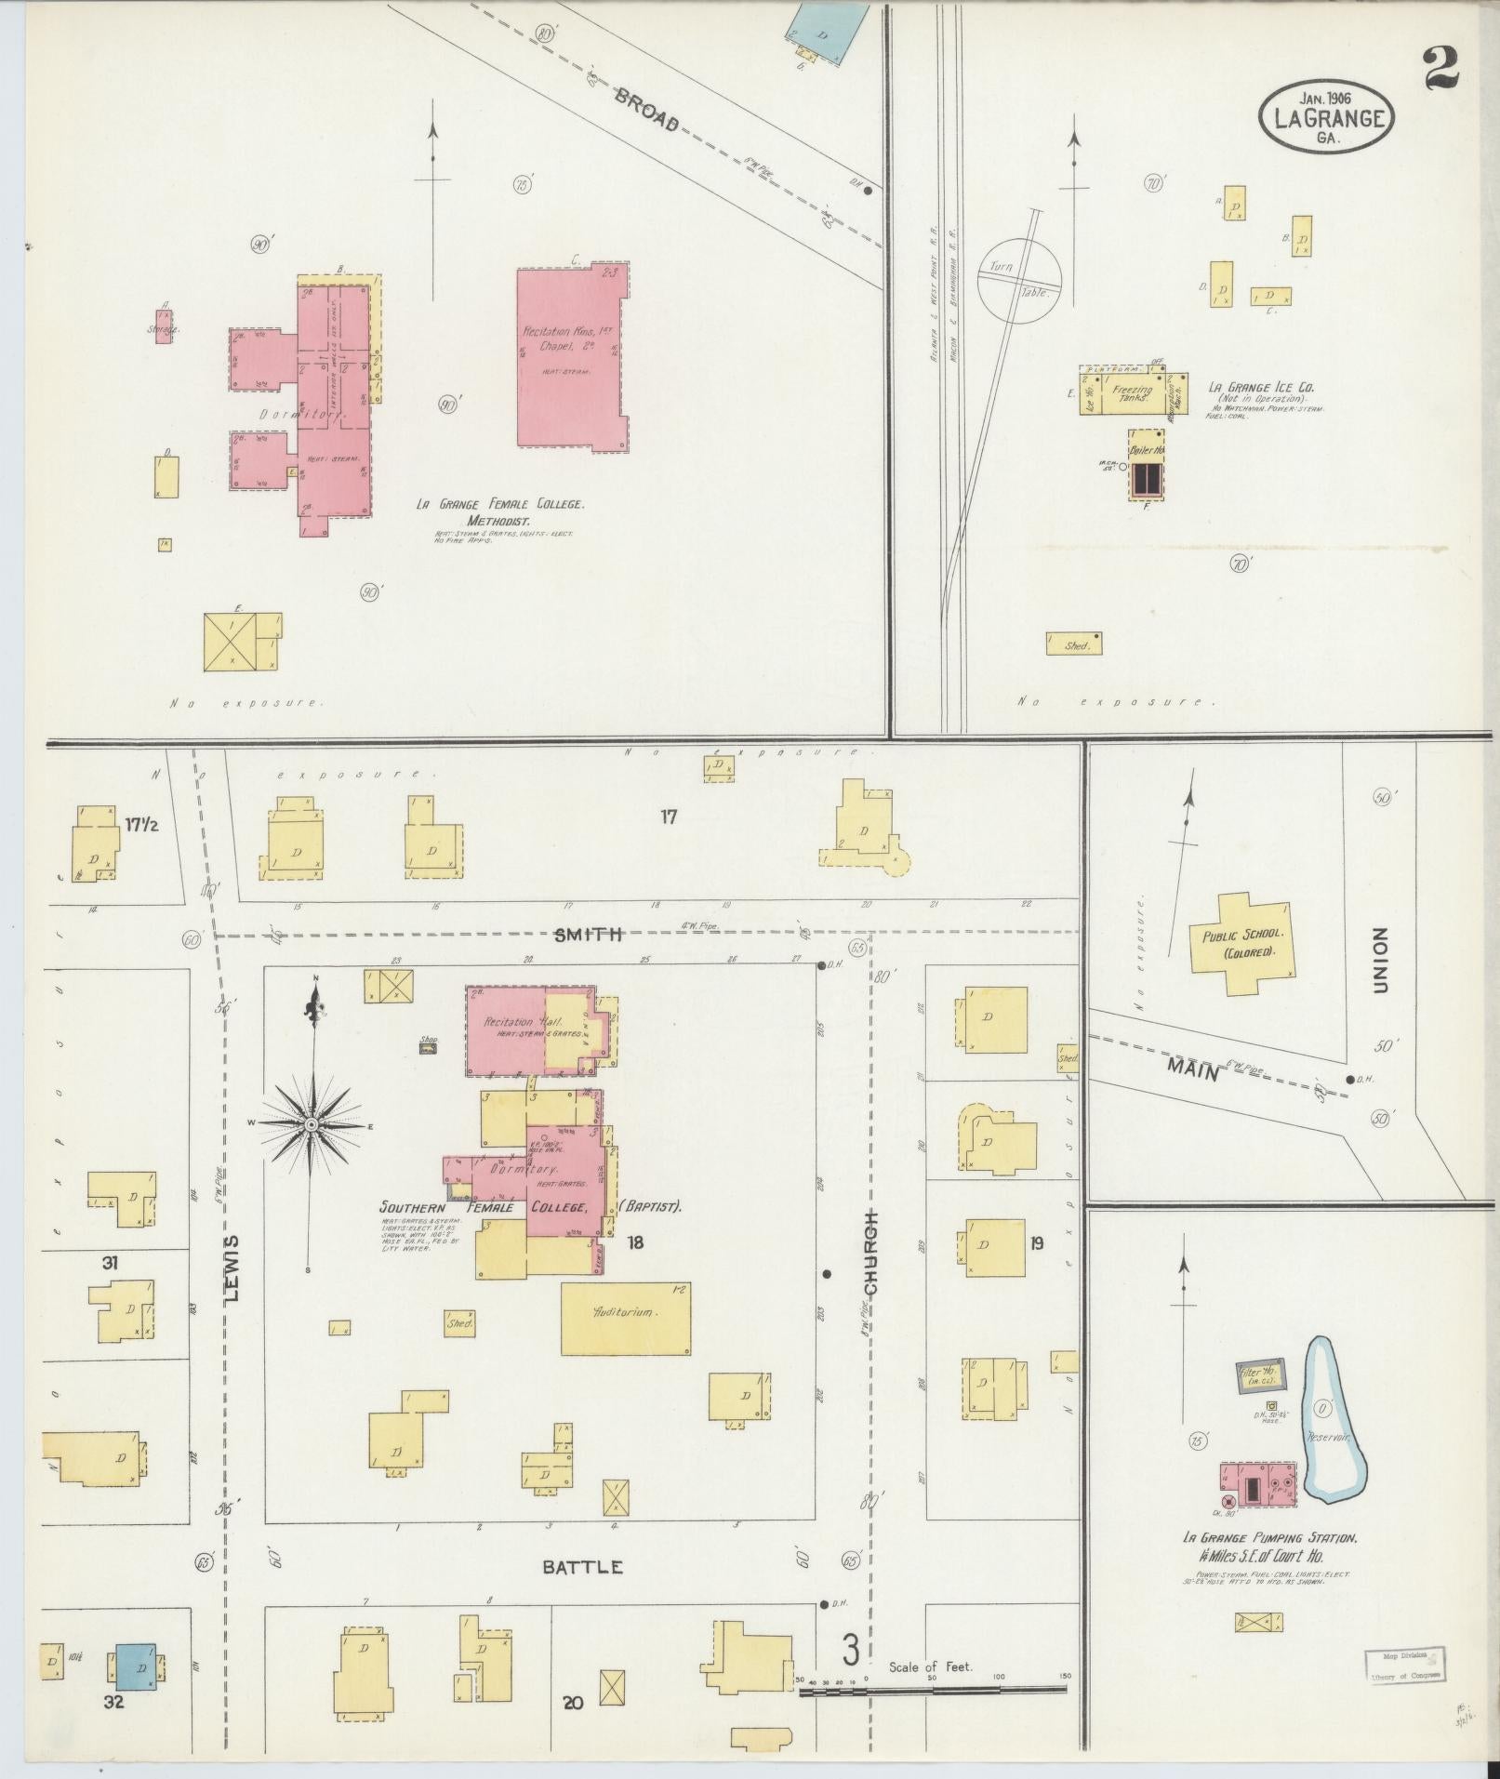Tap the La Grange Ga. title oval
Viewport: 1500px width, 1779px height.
1326,117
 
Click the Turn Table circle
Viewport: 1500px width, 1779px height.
1019,280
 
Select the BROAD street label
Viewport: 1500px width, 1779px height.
647,110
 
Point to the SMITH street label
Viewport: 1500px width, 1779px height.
587,935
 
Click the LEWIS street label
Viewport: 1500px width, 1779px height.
232,1267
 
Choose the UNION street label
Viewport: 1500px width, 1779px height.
1379,960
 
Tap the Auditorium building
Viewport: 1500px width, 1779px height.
626,1318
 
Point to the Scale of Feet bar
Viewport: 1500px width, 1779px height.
933,1690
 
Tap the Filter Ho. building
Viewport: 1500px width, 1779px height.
1259,1375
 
